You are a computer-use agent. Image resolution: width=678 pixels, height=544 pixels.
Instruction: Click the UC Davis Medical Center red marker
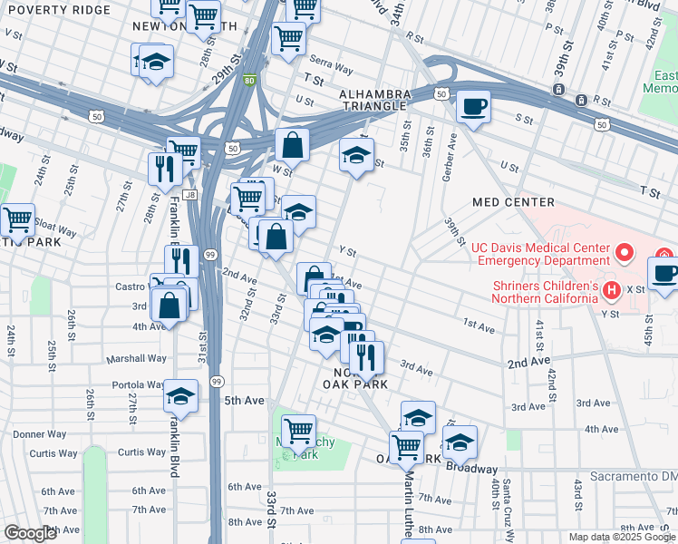(624, 252)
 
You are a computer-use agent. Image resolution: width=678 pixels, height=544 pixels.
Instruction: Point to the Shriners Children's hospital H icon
(612, 291)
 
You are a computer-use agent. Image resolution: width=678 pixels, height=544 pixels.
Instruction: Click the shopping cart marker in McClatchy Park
(298, 432)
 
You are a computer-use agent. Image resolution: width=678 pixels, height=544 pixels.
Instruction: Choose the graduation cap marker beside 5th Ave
(180, 396)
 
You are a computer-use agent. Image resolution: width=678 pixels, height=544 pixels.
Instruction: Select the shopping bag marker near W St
(292, 145)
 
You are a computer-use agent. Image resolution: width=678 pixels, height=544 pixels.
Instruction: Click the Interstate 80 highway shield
(249, 80)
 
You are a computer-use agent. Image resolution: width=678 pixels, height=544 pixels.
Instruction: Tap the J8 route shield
(189, 193)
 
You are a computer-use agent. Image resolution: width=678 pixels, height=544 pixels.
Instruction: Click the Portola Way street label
(138, 384)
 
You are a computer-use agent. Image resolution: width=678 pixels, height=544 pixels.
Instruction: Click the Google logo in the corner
(30, 533)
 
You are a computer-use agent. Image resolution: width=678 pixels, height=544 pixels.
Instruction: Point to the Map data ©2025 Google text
(621, 537)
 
